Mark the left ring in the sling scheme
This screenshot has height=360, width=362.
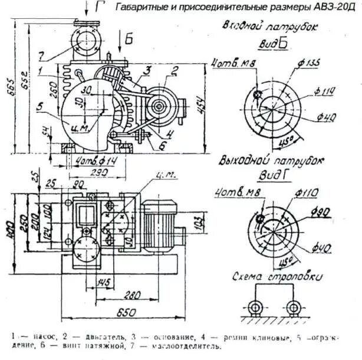point(255,309)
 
